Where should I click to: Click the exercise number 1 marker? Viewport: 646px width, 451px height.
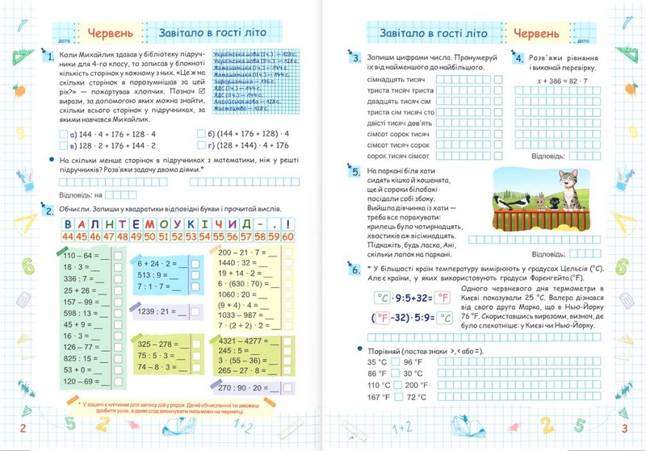tap(50, 57)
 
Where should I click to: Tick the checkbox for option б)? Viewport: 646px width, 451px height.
tap(201, 134)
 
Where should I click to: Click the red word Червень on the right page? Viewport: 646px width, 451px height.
tap(535, 35)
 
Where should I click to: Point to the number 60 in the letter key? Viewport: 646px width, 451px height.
tap(286, 236)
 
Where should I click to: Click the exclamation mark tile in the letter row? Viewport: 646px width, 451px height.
tap(286, 223)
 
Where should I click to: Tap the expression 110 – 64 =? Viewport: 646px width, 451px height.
tap(81, 257)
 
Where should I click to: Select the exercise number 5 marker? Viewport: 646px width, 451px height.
tap(357, 172)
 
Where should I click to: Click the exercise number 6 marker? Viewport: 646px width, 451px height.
tap(356, 268)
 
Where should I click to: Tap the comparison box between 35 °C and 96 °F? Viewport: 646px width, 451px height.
tap(395, 361)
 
